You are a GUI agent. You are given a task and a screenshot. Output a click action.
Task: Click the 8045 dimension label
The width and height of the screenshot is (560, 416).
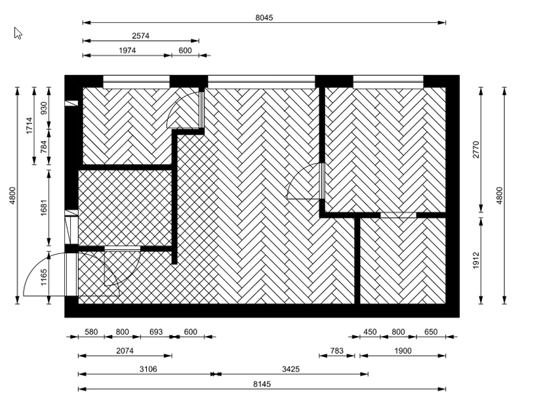tap(264, 18)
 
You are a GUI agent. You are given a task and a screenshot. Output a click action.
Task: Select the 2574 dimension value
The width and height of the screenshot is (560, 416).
tap(141, 35)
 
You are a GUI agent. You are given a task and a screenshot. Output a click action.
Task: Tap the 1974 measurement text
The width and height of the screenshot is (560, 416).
tap(127, 51)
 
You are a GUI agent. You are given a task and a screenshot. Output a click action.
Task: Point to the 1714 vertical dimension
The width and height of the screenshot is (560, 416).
tap(30, 126)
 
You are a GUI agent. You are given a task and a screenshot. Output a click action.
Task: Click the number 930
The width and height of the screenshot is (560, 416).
tap(44, 108)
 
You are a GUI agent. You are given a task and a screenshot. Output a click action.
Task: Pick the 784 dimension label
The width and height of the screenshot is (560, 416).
tap(44, 147)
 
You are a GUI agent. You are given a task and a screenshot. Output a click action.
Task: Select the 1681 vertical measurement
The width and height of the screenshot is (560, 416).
tap(44, 207)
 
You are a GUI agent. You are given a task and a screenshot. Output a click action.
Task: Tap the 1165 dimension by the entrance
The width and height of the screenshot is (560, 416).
tap(44, 278)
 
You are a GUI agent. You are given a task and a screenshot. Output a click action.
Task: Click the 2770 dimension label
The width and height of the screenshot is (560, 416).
tap(475, 150)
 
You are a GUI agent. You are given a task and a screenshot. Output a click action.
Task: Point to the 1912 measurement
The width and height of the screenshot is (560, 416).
tap(475, 260)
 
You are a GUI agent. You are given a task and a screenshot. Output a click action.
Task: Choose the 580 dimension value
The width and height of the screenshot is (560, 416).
tap(91, 331)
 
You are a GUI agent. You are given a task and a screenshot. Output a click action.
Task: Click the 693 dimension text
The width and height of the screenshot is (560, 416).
tap(156, 331)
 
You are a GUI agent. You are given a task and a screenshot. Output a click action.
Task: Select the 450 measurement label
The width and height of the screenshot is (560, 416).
tap(370, 331)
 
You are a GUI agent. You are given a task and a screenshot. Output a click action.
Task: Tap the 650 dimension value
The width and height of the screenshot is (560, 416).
tap(431, 331)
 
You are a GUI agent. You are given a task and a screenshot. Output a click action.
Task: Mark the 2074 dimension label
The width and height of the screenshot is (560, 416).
tap(125, 350)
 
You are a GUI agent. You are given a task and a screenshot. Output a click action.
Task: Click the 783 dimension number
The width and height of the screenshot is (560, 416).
tap(337, 350)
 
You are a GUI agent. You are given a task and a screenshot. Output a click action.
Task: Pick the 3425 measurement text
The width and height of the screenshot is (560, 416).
tap(290, 369)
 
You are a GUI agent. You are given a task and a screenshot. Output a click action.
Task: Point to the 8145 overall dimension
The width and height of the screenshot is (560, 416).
tap(262, 385)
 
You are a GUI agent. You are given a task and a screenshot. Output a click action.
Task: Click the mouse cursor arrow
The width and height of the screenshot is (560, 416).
tap(18, 33)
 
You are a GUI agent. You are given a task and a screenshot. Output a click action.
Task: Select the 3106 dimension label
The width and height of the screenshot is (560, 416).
tap(148, 369)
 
